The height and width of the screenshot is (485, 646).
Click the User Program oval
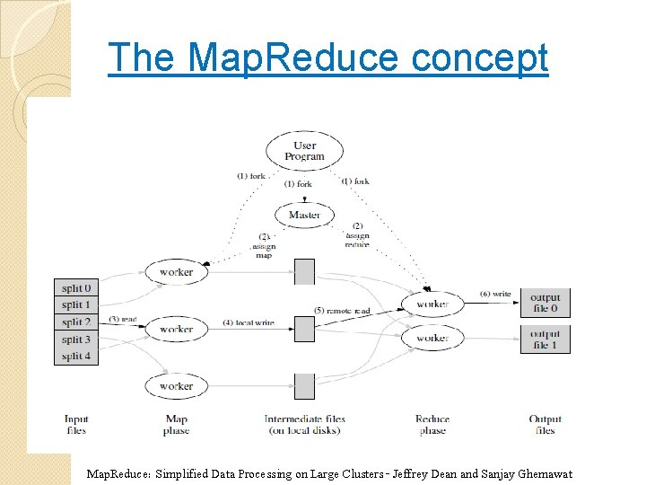pyautogui.click(x=304, y=151)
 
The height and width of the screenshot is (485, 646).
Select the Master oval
pyautogui.click(x=304, y=215)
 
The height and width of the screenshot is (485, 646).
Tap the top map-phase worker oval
pyautogui.click(x=176, y=272)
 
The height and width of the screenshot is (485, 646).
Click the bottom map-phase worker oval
pyautogui.click(x=176, y=386)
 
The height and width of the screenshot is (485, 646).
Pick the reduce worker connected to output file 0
pyautogui.click(x=432, y=304)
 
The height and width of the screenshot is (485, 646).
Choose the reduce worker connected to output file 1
pyautogui.click(x=432, y=338)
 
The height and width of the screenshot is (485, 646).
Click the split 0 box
pyautogui.click(x=76, y=288)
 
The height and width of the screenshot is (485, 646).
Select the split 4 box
pyautogui.click(x=76, y=357)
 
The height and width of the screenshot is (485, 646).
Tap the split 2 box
pyautogui.click(x=76, y=322)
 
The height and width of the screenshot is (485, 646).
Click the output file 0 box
pyautogui.click(x=545, y=304)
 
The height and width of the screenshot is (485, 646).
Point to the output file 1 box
pyautogui.click(x=545, y=339)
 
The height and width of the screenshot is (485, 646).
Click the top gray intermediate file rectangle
pyautogui.click(x=305, y=271)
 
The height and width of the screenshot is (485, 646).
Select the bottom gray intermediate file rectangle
pyautogui.click(x=305, y=386)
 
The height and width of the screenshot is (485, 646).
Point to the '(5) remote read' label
pyautogui.click(x=341, y=311)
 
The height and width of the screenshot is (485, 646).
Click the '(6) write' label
pyautogui.click(x=495, y=294)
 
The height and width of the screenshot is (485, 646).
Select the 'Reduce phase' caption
pyautogui.click(x=432, y=425)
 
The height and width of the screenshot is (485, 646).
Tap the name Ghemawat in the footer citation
pyautogui.click(x=538, y=474)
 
